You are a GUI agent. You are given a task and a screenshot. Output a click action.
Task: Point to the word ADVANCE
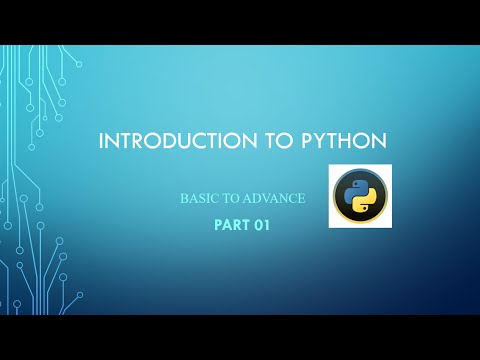tap(273, 199)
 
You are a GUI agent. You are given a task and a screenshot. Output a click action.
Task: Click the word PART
tap(231, 225)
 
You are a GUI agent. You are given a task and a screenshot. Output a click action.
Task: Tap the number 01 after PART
tap(262, 225)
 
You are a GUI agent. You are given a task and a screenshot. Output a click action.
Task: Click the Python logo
tap(360, 197)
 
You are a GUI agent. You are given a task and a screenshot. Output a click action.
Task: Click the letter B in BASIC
tap(183, 199)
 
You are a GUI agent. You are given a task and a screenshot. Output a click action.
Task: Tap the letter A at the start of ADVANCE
tap(245, 199)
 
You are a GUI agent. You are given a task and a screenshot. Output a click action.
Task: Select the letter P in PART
tap(218, 225)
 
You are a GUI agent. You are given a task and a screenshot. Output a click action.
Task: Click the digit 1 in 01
tap(267, 225)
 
